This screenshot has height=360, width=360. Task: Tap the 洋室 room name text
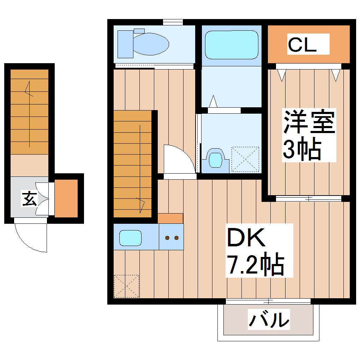click(308, 122)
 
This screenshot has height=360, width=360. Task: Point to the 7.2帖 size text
click(255, 265)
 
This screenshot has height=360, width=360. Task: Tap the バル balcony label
click(269, 319)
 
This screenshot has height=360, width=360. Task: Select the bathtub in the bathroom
click(232, 45)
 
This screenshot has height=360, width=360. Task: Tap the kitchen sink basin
click(130, 238)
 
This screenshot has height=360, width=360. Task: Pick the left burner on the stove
click(167, 238)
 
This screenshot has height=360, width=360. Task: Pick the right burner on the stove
click(176, 238)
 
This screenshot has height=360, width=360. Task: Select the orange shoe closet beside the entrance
click(66, 198)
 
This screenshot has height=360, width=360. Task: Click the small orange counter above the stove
click(170, 218)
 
